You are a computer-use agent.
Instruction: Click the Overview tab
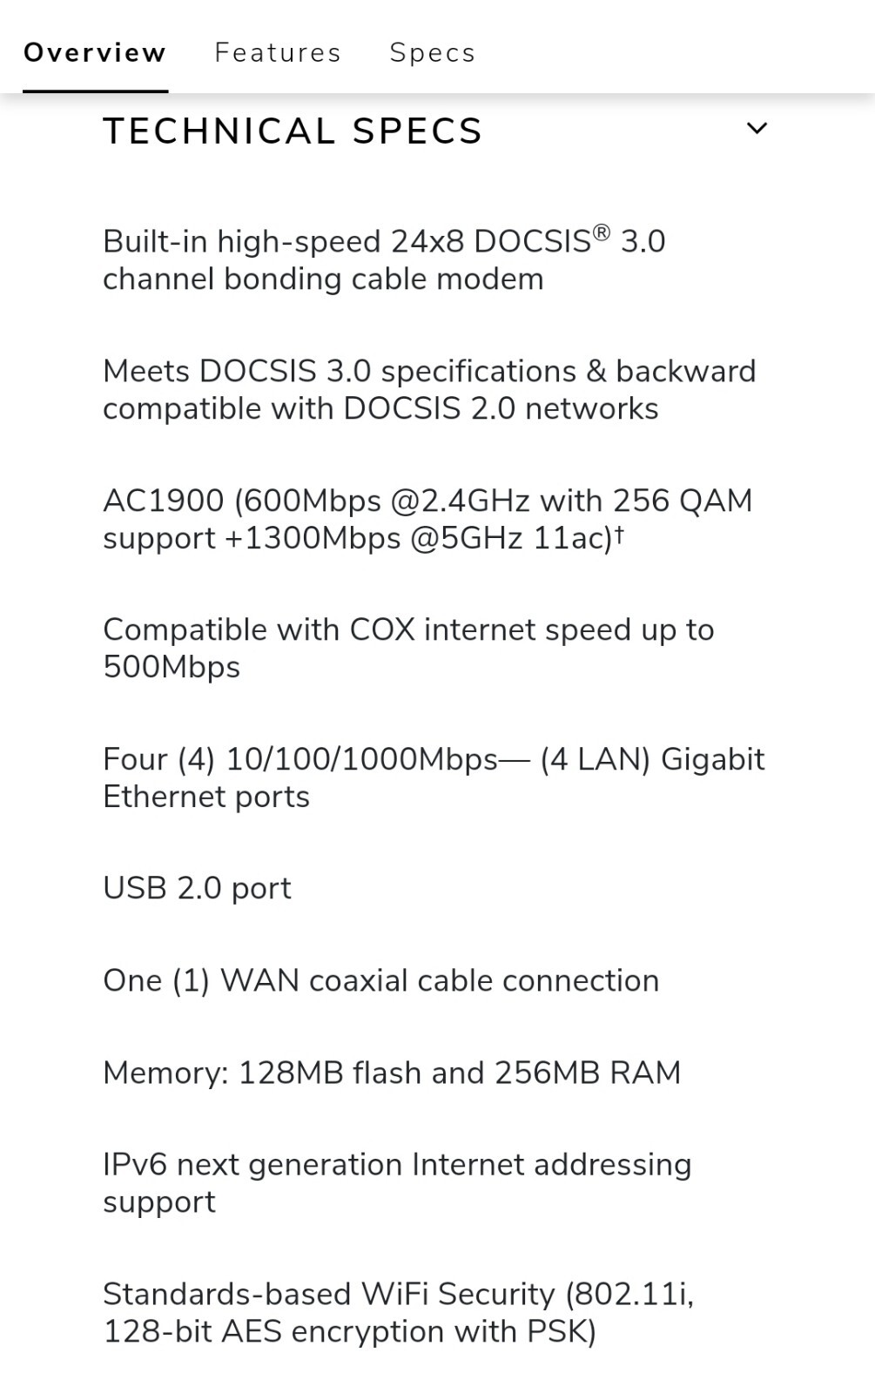[94, 53]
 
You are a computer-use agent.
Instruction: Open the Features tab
[278, 53]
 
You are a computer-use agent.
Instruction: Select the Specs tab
[432, 53]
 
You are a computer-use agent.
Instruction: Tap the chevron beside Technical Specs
[757, 129]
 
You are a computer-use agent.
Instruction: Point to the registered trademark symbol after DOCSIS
[601, 232]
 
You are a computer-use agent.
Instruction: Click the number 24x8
[427, 241]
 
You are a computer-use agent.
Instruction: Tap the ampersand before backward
[596, 371]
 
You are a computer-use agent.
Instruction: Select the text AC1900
[163, 501]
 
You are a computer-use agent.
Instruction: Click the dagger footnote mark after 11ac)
[619, 533]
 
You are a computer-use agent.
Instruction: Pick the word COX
[382, 629]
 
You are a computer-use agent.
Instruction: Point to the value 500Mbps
[172, 667]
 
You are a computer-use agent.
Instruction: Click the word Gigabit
[712, 759]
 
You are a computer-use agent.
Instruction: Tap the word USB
[134, 888]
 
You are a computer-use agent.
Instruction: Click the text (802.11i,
[629, 1295]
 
